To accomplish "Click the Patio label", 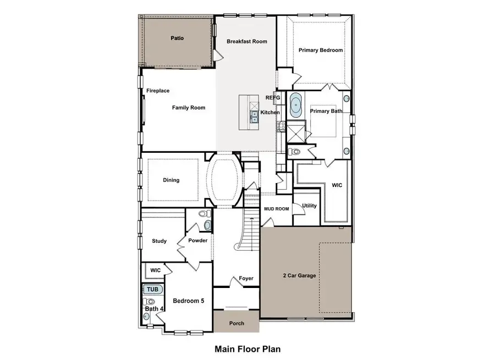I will tap(177, 38).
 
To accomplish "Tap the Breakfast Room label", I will tap(247, 41).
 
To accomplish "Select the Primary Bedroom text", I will tap(321, 50).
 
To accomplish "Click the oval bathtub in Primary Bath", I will tap(296, 106).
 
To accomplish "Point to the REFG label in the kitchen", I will tap(273, 98).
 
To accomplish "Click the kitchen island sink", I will tap(254, 116).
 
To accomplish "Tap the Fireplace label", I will tap(158, 91).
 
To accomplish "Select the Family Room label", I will tap(189, 108).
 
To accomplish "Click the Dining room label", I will tap(171, 180).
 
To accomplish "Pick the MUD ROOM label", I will tap(276, 209).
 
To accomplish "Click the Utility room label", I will tap(310, 206).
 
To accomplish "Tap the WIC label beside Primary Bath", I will tap(337, 185).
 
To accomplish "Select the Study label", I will tap(159, 241).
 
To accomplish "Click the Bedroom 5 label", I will tap(189, 301).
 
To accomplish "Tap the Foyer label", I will tap(246, 278).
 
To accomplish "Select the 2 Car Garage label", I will tap(299, 275).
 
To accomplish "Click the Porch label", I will tap(237, 323).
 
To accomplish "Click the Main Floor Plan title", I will tap(248, 348).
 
